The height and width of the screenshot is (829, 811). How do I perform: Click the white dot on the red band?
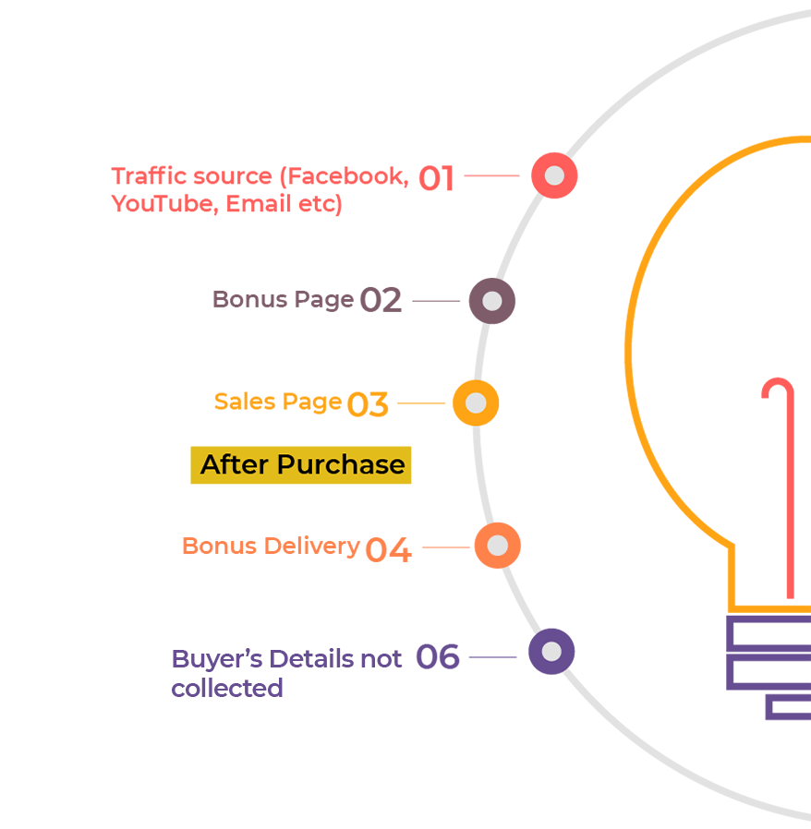(x=554, y=175)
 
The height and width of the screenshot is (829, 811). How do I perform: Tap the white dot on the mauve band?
(x=491, y=301)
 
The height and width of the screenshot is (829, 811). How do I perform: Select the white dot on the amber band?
(x=476, y=403)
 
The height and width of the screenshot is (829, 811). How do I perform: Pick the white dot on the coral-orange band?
(x=497, y=546)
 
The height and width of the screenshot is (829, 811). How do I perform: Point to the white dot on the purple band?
(x=551, y=652)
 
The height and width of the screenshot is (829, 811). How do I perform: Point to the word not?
(x=382, y=660)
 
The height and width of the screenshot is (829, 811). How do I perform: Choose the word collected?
(x=227, y=688)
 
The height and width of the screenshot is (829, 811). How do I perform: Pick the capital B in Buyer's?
(x=179, y=660)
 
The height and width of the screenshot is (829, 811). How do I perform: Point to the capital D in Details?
(x=271, y=660)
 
